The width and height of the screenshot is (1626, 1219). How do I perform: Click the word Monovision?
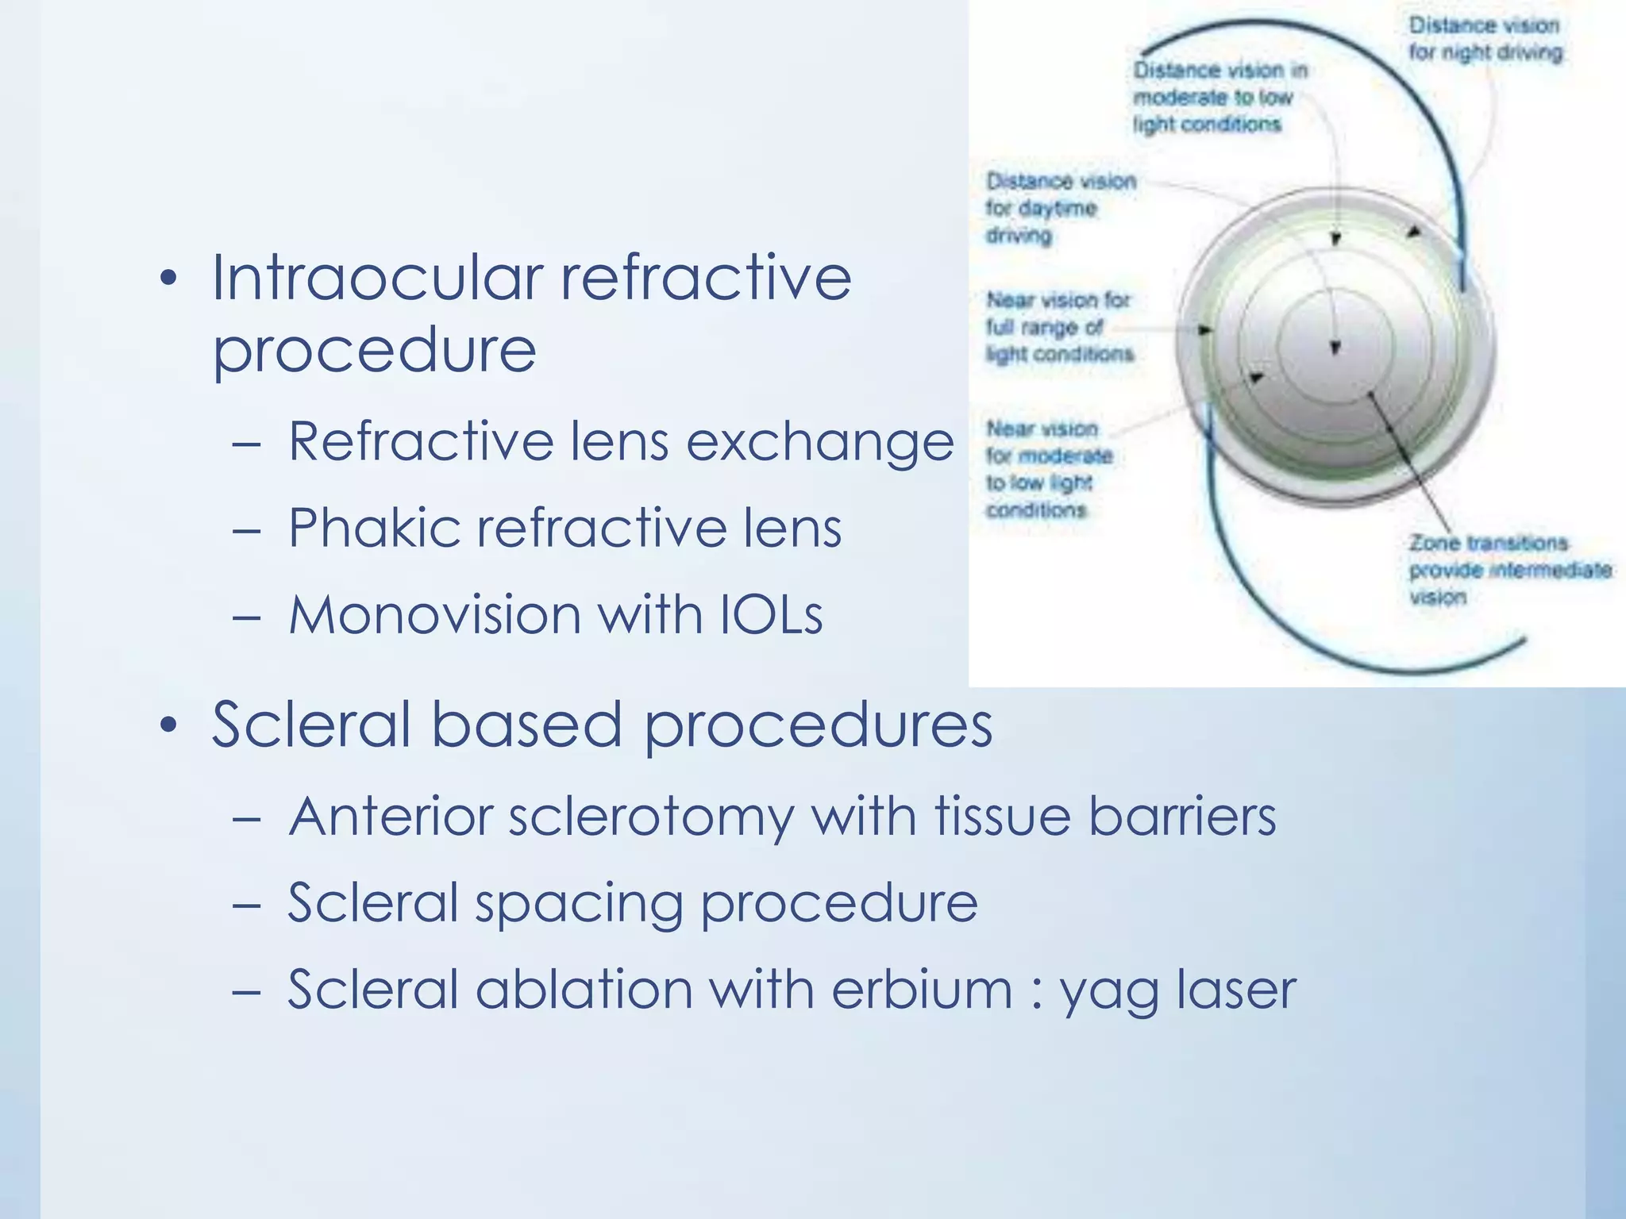tap(434, 615)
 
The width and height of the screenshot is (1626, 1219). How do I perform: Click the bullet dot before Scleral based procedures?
tap(168, 725)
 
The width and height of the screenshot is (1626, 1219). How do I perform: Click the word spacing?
tap(579, 905)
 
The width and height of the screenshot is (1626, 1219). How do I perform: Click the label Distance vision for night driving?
tap(1485, 39)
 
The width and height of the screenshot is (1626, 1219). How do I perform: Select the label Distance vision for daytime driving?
tap(1059, 208)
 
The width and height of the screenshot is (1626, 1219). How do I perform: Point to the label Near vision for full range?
tap(1059, 327)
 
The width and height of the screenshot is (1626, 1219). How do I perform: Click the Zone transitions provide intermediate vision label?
tap(1508, 570)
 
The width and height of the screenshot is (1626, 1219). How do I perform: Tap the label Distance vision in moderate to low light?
tap(1218, 97)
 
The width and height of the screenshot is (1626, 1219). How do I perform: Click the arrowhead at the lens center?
tap(1335, 348)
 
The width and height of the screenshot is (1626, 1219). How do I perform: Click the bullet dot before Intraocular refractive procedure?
tap(168, 279)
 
